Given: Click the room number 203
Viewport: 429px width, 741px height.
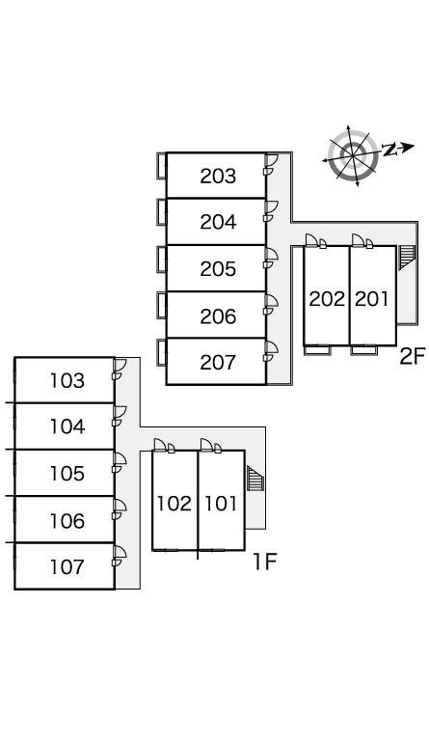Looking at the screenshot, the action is (x=218, y=177).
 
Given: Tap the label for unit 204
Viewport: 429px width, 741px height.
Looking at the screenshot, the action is (x=218, y=222).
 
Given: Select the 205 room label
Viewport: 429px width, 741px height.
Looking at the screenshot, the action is (x=218, y=269).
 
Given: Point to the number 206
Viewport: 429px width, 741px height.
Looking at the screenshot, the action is (x=218, y=316).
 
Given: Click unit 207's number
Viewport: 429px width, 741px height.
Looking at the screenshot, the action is (x=218, y=363).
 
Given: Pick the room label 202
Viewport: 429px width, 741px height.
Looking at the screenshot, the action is (x=327, y=299).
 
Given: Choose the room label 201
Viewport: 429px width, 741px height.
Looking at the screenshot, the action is (x=371, y=299).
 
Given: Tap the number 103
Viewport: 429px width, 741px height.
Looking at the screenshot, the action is (x=67, y=380).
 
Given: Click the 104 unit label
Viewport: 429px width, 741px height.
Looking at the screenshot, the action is (x=67, y=426).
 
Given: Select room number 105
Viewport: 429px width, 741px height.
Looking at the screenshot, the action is (x=67, y=474).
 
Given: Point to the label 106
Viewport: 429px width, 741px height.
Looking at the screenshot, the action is (x=67, y=521).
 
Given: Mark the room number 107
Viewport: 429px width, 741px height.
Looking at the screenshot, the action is (x=67, y=566).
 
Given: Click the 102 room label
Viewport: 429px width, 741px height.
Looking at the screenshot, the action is (x=174, y=504).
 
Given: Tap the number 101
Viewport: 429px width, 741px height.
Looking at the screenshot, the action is (x=221, y=504).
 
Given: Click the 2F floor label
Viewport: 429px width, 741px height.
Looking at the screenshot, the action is (x=413, y=357).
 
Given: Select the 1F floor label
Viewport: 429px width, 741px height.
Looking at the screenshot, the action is (x=264, y=562).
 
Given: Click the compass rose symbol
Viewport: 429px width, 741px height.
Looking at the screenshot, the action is (x=354, y=154).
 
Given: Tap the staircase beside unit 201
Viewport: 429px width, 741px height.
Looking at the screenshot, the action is (x=407, y=258).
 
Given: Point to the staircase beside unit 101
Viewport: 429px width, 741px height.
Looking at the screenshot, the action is (x=255, y=479).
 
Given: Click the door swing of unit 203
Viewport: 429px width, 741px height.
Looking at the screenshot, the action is (x=271, y=160).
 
